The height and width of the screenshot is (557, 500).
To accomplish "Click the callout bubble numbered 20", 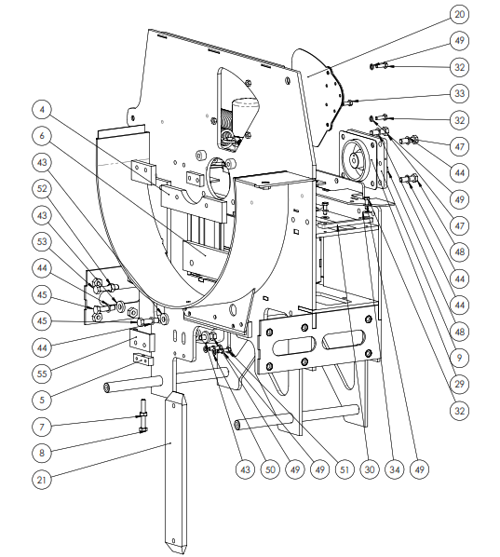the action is click(x=459, y=15).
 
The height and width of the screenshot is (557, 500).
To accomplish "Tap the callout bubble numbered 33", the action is click(x=459, y=94).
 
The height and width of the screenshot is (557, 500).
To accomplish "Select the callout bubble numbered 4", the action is click(x=42, y=109).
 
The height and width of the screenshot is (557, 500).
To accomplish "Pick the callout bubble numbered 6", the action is click(x=42, y=136).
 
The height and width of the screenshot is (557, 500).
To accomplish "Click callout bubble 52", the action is click(x=42, y=189).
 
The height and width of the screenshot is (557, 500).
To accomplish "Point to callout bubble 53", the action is click(x=42, y=241).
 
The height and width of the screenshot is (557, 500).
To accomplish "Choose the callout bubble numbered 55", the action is click(x=42, y=374).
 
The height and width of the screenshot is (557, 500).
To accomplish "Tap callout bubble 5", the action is click(x=42, y=400).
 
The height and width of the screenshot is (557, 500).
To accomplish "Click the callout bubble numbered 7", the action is click(x=42, y=427).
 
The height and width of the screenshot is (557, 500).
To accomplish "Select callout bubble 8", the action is click(x=42, y=453).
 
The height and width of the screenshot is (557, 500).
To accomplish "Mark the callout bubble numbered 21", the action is click(x=42, y=480).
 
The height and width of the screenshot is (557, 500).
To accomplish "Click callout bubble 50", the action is click(x=270, y=469).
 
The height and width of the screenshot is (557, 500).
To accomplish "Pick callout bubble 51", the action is click(x=345, y=469).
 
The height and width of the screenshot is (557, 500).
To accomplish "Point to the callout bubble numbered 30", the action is click(x=370, y=469).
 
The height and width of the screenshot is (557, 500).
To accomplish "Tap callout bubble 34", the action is click(x=395, y=469).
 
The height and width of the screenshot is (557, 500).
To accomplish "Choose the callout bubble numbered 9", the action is click(x=459, y=358).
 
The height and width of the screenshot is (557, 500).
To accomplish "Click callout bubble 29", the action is click(x=459, y=385).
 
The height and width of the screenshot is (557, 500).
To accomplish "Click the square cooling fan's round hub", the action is click(x=354, y=160).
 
